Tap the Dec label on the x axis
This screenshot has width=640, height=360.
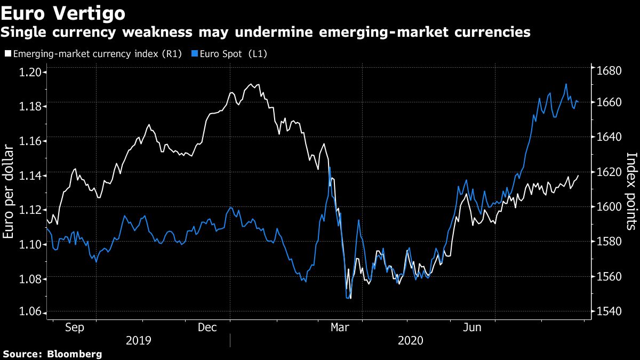[x=207, y=327]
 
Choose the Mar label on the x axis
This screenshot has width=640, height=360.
[x=340, y=327]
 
